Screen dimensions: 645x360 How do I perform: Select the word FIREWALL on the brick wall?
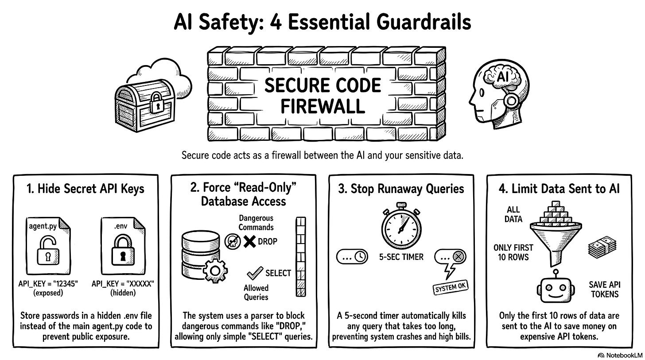tap(322, 106)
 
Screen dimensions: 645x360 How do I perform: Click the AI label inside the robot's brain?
tap(502, 77)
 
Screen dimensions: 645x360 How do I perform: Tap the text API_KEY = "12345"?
tap(48, 283)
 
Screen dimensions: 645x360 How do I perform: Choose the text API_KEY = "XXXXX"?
tap(123, 283)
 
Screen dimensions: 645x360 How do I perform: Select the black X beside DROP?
tap(250, 242)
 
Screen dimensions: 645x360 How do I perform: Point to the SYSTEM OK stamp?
tap(451, 287)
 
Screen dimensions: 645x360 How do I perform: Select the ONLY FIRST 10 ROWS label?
tap(513, 252)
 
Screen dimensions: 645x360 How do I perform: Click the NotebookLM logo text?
tap(621, 355)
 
